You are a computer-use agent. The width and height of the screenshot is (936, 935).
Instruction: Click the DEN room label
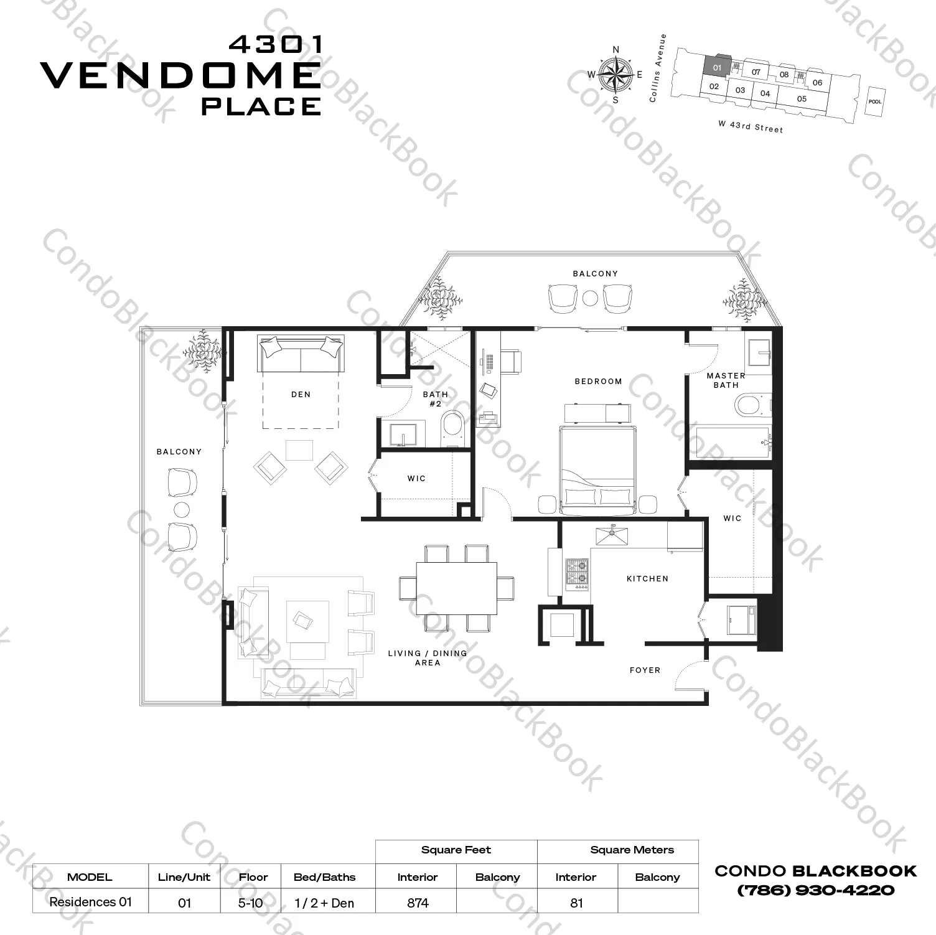coord(301,394)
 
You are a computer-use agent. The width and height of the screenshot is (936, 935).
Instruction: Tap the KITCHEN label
coord(647,578)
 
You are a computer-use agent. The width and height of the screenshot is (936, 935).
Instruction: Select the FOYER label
coord(645,670)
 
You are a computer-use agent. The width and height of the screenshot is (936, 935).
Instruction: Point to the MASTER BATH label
coord(726,380)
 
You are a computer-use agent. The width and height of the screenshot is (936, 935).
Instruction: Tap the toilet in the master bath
coord(749,406)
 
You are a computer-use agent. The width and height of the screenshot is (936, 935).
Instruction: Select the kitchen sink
coord(612,535)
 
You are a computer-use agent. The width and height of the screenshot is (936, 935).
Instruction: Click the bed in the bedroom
coord(597,469)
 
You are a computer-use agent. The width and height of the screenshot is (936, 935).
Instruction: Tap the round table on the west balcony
coord(182,510)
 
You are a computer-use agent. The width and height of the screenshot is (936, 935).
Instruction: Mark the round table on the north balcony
coord(590,298)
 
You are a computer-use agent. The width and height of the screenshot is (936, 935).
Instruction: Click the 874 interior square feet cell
coord(418,903)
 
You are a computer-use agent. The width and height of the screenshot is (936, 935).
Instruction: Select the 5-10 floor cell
coord(250,903)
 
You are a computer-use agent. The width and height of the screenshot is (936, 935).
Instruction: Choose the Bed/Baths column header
coord(324,877)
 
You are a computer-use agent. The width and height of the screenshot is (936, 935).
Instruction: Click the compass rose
coord(615,75)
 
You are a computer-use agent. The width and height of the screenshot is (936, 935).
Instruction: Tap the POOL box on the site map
coord(875,101)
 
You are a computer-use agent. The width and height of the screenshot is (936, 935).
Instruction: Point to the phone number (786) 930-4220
coord(815,890)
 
